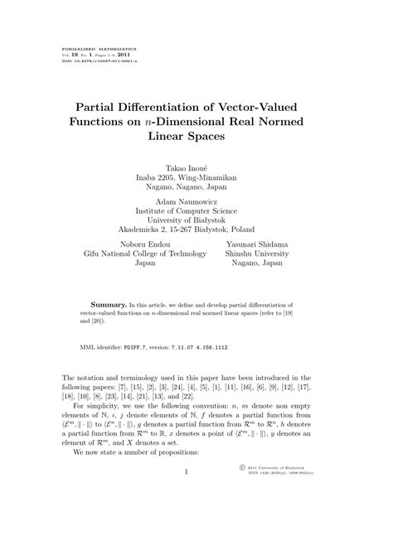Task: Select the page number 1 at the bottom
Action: coord(187,519)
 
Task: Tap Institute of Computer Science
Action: coord(196,210)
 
